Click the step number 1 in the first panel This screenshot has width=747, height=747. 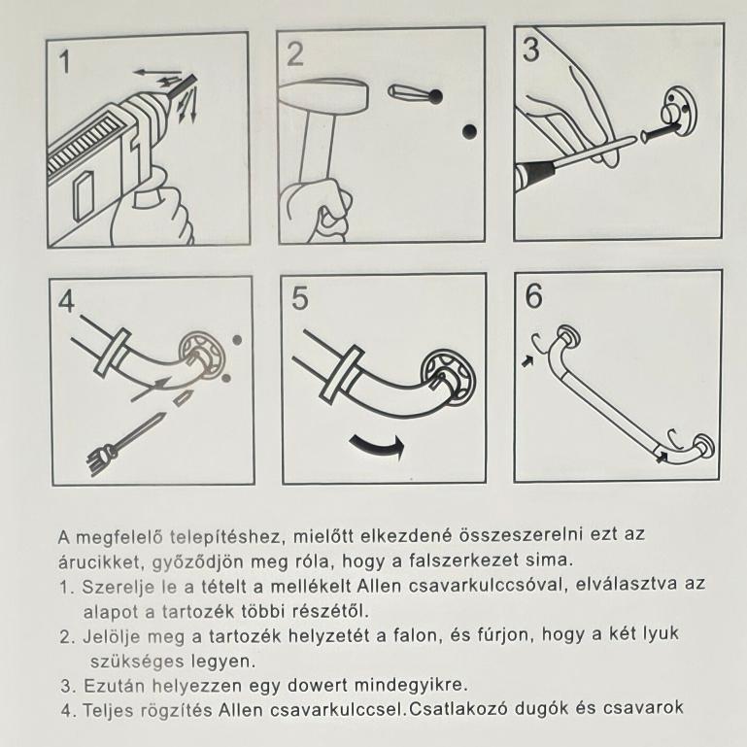pyautogui.click(x=64, y=62)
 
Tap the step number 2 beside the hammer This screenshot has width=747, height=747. pyautogui.click(x=295, y=54)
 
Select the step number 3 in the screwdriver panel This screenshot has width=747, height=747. pyautogui.click(x=530, y=50)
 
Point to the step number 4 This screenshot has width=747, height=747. pyautogui.click(x=67, y=301)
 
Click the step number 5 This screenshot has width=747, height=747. pyautogui.click(x=299, y=299)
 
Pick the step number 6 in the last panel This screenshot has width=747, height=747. pyautogui.click(x=533, y=296)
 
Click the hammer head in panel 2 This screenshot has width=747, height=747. pyautogui.click(x=323, y=97)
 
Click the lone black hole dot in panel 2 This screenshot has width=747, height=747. pyautogui.click(x=470, y=131)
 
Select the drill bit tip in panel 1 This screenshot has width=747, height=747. pyautogui.click(x=194, y=76)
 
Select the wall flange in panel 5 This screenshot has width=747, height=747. pyautogui.click(x=449, y=378)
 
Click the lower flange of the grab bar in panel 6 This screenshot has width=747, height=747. pyautogui.click(x=703, y=448)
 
